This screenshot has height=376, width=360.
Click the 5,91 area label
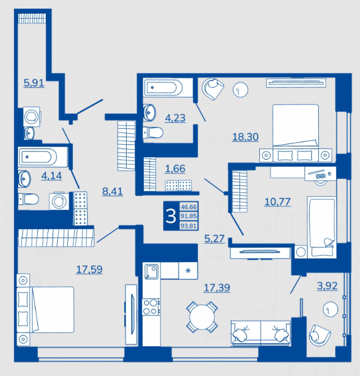(34, 83)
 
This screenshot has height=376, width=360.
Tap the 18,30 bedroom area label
(245, 137)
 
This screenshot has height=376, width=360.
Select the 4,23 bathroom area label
(175, 118)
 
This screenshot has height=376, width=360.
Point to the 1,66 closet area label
(175, 169)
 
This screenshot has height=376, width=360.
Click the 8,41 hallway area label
(112, 191)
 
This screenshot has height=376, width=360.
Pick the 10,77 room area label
(277, 202)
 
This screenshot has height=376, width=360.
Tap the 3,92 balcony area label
(327, 286)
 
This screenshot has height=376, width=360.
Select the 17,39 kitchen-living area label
(217, 288)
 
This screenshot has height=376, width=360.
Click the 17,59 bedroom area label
(89, 270)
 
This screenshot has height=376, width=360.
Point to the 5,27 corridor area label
(215, 239)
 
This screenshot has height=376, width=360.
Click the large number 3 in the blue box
(171, 216)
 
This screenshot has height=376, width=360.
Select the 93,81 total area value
(189, 226)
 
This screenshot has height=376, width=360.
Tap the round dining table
(202, 317)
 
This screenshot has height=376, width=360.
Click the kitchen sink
(151, 271)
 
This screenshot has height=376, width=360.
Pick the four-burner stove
(151, 307)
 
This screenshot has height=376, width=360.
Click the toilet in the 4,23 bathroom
(153, 132)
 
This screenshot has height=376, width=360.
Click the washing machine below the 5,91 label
(32, 116)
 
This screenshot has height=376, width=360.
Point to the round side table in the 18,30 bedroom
(240, 90)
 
